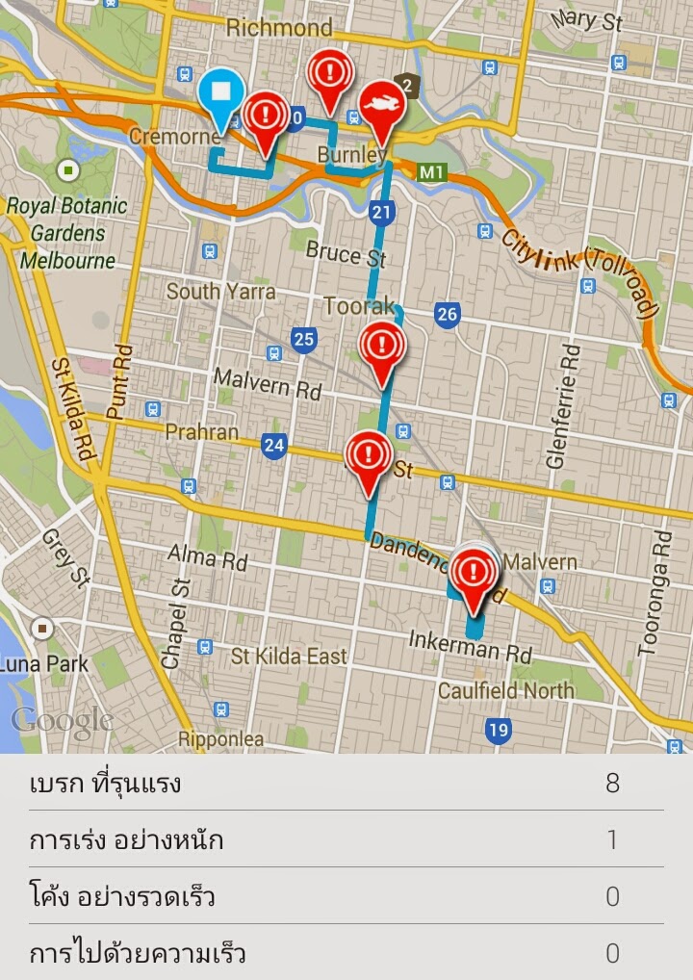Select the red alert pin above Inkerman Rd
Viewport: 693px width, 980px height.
[x=474, y=574]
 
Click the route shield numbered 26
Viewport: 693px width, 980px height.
[x=447, y=315]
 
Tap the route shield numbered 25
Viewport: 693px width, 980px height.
[x=304, y=339]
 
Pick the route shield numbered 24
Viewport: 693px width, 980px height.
[x=274, y=445]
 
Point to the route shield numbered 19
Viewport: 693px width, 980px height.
[x=497, y=730]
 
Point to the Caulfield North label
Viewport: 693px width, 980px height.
[x=505, y=690]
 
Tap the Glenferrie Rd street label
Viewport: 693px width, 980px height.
[x=564, y=404]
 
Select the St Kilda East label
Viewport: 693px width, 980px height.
[x=288, y=657]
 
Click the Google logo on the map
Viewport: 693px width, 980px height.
[x=60, y=719]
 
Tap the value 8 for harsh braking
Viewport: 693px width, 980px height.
[x=612, y=783]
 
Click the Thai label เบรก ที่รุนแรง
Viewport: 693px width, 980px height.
[x=105, y=784]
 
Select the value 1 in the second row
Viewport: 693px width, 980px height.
[x=612, y=839]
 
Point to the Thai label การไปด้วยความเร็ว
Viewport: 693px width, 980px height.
[x=137, y=954]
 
